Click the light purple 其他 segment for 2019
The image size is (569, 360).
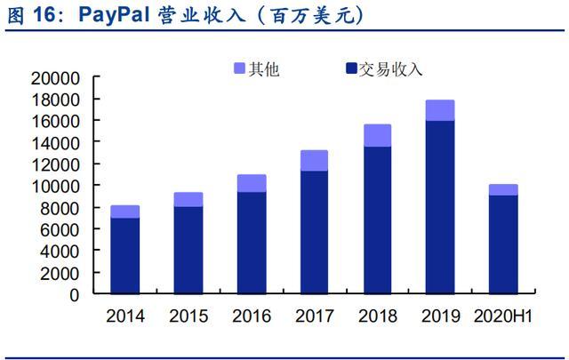coord(440,110)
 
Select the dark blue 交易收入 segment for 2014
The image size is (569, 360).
coord(124,255)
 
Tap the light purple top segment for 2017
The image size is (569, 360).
coord(314,160)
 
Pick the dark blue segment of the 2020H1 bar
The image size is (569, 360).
coord(503,244)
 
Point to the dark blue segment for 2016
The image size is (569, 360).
coord(251,242)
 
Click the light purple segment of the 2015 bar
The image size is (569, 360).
coord(188,199)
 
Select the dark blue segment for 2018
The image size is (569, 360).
coord(377,220)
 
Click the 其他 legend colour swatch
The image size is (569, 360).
coord(239,68)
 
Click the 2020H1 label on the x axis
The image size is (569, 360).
coord(503,316)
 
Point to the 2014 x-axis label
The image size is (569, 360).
coord(124,316)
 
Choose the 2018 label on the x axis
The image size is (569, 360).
coord(377,316)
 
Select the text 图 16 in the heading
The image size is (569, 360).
coord(34,16)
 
